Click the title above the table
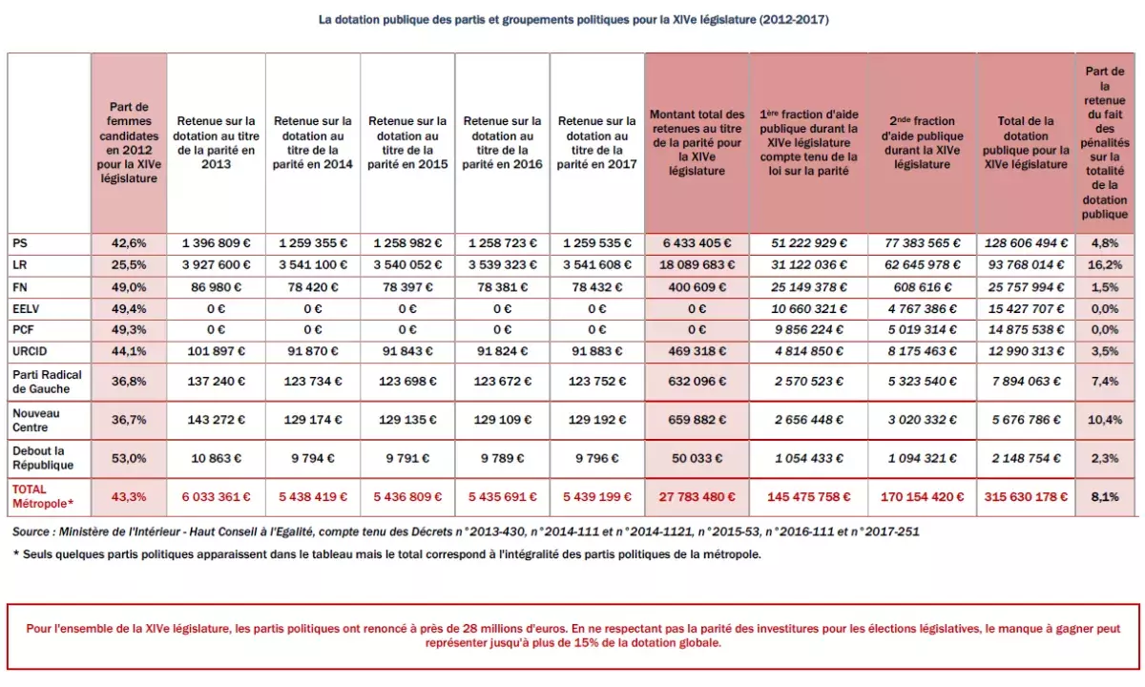(572, 19)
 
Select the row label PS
(19, 242)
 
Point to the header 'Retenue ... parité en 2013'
(215, 143)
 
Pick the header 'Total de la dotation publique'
(1026, 143)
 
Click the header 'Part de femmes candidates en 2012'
(129, 143)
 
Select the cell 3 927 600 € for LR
(215, 264)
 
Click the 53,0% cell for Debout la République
(129, 458)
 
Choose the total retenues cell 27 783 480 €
(697, 496)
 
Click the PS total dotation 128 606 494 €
(1026, 242)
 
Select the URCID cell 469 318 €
(697, 350)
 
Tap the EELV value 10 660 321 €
(808, 308)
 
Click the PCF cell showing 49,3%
(129, 329)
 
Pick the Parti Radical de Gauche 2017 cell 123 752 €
(596, 381)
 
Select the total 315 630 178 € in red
(1026, 496)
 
